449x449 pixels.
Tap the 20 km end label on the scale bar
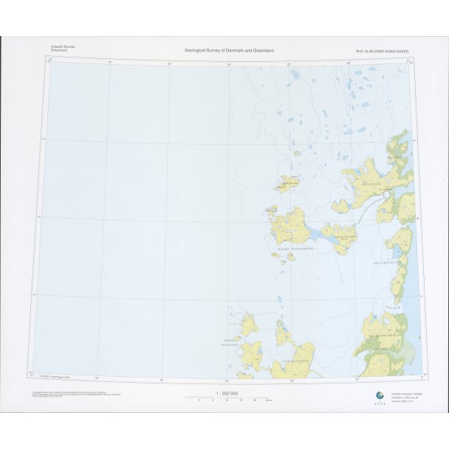click(x=269, y=400)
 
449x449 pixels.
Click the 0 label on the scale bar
click(x=199, y=400)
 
